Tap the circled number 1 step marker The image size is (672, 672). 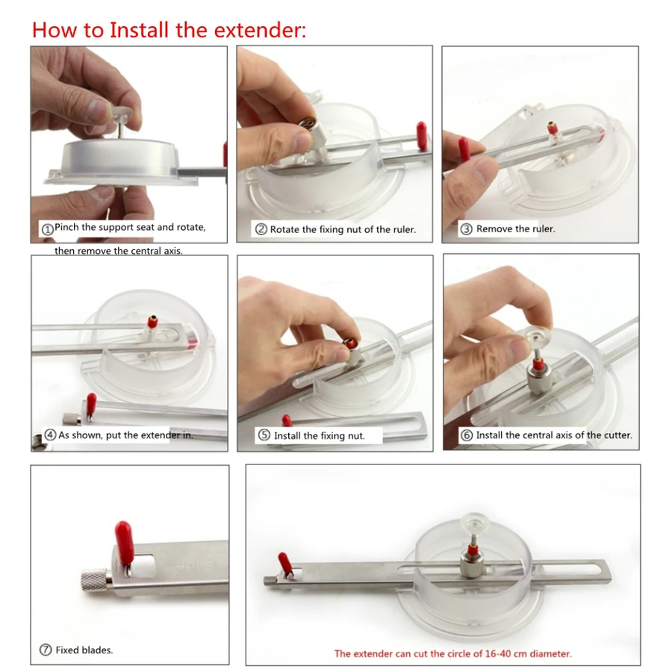point(47,229)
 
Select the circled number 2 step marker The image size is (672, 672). point(261,229)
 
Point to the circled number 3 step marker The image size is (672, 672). point(466,229)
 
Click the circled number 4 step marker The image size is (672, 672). point(50,435)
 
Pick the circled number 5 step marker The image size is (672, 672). point(264,435)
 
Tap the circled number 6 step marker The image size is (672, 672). point(466,435)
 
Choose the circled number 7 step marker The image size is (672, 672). point(46,650)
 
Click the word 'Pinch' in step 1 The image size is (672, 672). point(66,227)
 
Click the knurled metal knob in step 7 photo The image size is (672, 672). point(95,581)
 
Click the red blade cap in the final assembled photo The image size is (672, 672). point(284,561)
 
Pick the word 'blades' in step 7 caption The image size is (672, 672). point(98,650)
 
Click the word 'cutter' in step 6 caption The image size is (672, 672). point(618,435)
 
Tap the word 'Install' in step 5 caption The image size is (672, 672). point(287,436)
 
